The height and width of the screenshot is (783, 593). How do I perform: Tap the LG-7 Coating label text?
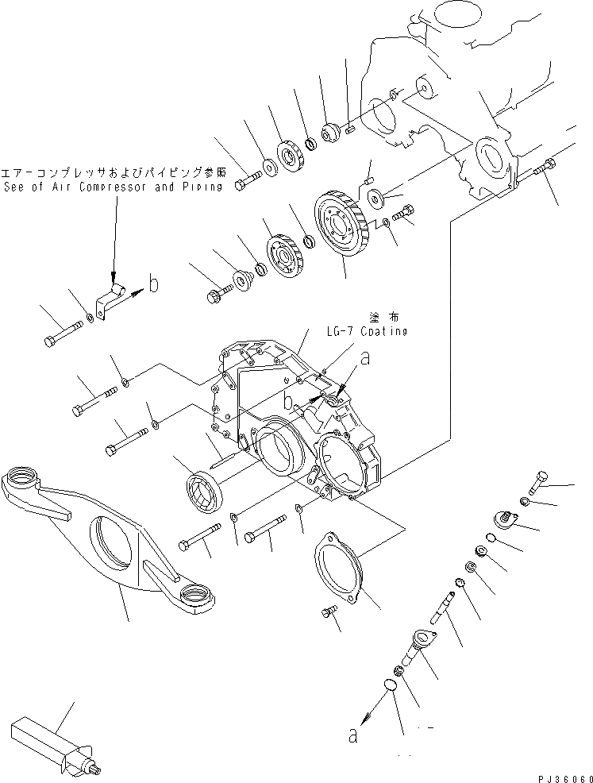[x=366, y=331]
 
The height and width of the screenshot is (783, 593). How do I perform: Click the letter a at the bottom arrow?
[x=353, y=736]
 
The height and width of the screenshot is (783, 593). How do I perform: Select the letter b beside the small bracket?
[x=155, y=283]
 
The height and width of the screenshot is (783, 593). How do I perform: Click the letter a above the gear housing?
[x=365, y=359]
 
